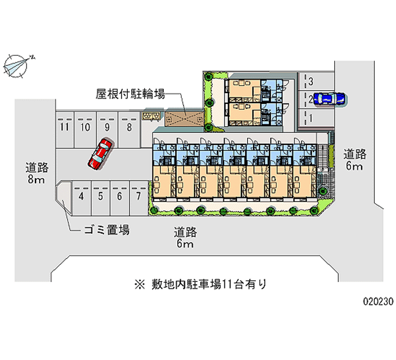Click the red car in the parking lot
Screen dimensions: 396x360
click(100, 154)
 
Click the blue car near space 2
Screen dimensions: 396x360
click(329, 99)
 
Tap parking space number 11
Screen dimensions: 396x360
click(65, 130)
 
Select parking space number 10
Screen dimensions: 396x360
click(85, 130)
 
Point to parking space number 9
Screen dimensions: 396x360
click(107, 130)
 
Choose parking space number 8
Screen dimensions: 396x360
click(129, 130)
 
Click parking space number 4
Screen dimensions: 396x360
click(81, 198)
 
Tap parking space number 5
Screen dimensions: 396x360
click(100, 198)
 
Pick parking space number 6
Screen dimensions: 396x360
click(120, 198)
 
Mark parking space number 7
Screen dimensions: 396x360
click(139, 198)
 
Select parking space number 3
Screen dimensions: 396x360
click(316, 81)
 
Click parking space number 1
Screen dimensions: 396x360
click(316, 118)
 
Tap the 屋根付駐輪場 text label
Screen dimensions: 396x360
click(130, 94)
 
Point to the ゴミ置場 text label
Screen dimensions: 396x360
click(106, 230)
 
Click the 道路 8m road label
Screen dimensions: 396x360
click(37, 173)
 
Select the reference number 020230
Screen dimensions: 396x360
click(378, 302)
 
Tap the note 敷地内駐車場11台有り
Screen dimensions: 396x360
click(200, 284)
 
